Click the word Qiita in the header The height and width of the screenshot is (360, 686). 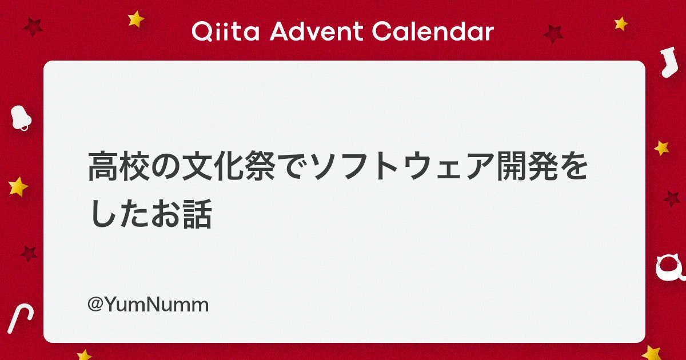click(226, 31)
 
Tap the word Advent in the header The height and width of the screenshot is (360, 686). click(316, 31)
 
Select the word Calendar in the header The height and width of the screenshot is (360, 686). click(433, 31)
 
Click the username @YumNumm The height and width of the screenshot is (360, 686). click(148, 305)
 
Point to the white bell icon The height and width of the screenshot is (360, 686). click(21, 118)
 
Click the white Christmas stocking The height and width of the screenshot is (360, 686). click(669, 62)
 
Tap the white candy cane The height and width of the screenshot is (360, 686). click(20, 318)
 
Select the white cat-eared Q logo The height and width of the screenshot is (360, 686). click(670, 268)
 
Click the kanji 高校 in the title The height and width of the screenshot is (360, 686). click(119, 167)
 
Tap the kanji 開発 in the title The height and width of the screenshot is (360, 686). click(527, 167)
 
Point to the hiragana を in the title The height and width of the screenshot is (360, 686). click(573, 167)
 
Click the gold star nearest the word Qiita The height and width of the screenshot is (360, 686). click(135, 19)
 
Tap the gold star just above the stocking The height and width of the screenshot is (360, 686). click(621, 23)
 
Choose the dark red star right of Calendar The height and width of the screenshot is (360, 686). click(553, 34)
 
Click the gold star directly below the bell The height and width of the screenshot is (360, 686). click(18, 186)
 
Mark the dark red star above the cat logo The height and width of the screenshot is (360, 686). click(672, 199)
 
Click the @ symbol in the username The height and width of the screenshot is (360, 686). click(95, 305)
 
